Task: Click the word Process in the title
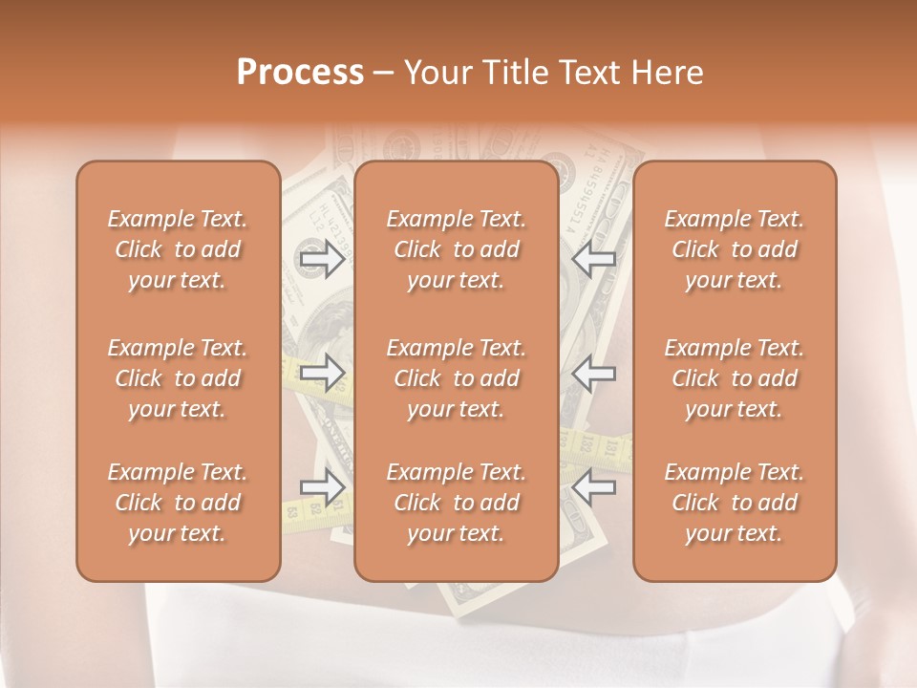click(300, 73)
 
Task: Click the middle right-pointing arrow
click(322, 374)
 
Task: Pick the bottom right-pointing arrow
click(322, 487)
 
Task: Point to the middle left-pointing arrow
click(594, 374)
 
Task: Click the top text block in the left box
click(178, 249)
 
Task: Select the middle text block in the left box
click(178, 378)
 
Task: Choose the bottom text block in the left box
click(178, 503)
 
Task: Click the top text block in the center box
click(456, 249)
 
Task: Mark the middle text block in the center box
click(456, 378)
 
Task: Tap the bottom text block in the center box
click(456, 503)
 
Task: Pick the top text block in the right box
click(734, 249)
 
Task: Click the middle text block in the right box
click(734, 378)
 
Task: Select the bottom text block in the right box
click(734, 503)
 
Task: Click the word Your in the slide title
click(436, 73)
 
